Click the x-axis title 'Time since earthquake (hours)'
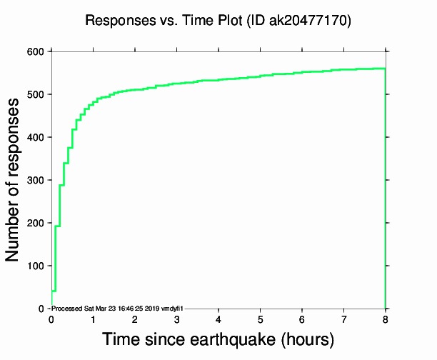coord(218,339)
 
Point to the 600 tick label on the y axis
coord(35,51)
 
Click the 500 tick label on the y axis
coord(35,94)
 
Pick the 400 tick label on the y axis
coord(35,137)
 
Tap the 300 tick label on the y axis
coord(35,180)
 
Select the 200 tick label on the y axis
coord(35,223)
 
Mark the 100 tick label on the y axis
coord(35,266)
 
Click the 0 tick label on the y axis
coord(41,309)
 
